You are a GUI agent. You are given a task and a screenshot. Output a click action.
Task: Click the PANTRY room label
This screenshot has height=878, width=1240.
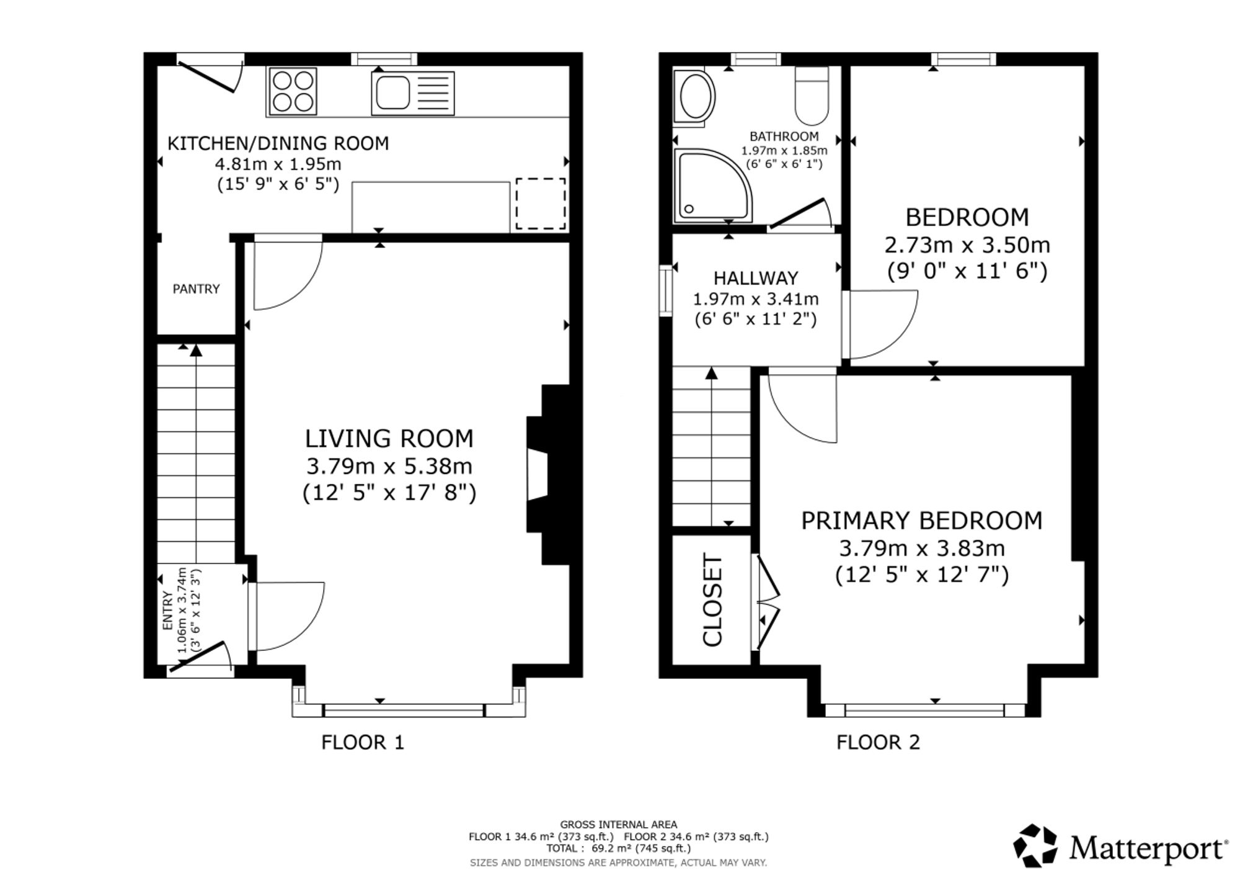196,289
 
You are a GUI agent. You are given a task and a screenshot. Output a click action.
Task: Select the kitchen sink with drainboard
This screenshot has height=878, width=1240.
412,93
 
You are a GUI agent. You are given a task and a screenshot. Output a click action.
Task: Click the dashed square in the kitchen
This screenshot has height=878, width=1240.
541,204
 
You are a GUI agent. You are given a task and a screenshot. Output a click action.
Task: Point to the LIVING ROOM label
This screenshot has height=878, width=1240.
389,439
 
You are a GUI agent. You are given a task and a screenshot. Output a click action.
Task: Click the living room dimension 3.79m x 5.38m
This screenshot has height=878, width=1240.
389,466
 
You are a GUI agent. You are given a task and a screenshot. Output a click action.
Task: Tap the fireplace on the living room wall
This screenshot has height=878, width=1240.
548,475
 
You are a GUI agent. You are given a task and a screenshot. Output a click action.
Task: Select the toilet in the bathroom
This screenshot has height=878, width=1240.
812,96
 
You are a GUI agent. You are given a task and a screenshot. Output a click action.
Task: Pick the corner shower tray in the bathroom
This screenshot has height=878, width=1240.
713,185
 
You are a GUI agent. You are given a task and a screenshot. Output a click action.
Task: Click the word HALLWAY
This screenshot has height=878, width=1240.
755,278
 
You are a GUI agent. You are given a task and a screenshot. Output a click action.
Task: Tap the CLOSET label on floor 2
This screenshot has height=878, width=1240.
713,600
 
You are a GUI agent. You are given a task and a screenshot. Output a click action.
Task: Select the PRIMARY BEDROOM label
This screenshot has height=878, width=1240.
921,521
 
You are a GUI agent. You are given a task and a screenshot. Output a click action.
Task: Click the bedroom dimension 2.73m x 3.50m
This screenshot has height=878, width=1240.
967,245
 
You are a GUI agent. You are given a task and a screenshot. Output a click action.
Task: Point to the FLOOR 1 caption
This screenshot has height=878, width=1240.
363,742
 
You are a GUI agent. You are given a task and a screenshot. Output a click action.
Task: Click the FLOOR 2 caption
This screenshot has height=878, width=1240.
878,742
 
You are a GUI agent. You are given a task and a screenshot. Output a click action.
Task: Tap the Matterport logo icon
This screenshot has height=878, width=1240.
1035,845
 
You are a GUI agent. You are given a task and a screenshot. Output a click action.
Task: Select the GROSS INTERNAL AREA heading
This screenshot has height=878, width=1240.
618,825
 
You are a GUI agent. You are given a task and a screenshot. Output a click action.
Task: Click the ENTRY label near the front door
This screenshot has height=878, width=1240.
168,611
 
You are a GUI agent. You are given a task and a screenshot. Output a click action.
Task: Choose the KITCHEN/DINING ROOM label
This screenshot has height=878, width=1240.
278,143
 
